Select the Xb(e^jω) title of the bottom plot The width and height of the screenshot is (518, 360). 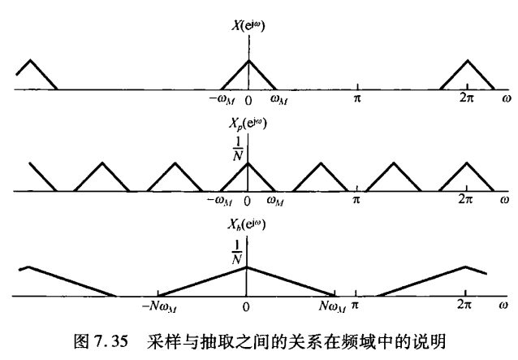tap(248, 223)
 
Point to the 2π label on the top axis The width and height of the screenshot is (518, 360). tap(467, 100)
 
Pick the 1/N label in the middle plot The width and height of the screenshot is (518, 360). tap(236, 151)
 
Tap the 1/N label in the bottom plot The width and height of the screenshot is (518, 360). tap(236, 254)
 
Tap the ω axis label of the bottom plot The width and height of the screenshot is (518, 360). tap(504, 307)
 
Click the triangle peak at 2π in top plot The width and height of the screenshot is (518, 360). tap(467, 60)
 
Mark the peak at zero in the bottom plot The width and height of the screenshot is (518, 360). tap(247, 267)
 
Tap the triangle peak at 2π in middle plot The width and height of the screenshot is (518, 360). tap(467, 161)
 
